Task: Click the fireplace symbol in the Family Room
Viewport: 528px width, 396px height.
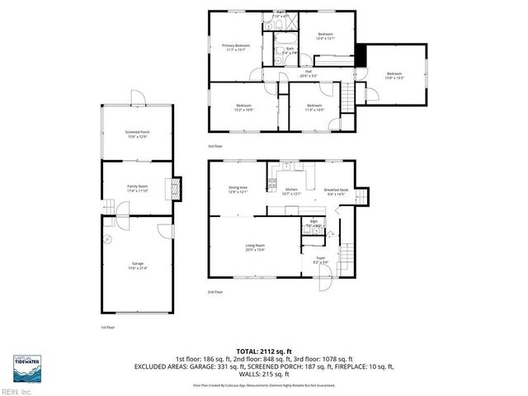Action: tap(172, 188)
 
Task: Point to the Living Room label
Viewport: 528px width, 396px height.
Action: tap(253, 247)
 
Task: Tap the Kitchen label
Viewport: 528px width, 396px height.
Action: tap(291, 191)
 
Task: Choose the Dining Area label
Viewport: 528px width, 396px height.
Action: tap(238, 190)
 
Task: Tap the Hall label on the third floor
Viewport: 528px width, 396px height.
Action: tap(308, 73)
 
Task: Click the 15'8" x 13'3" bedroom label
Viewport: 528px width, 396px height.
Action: tap(393, 76)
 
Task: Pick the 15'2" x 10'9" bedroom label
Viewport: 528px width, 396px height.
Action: tap(243, 107)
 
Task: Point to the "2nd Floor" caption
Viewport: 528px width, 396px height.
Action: tap(215, 292)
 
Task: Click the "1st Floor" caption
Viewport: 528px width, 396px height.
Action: tap(107, 327)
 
